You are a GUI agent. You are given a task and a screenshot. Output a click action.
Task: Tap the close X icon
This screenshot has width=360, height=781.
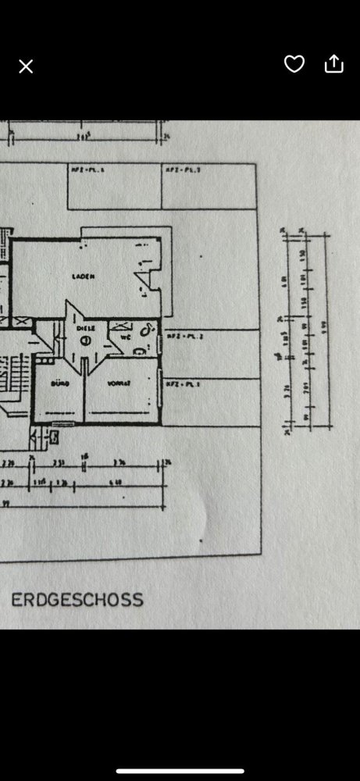tap(26, 66)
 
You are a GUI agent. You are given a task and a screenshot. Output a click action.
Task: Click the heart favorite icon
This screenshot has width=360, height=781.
tap(294, 64)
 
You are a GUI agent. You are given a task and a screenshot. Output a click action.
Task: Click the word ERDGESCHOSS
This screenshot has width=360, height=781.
tap(77, 600)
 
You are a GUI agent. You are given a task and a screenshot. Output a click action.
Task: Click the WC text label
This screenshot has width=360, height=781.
tap(126, 337)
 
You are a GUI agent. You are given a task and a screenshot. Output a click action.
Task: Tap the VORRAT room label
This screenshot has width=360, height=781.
tap(118, 383)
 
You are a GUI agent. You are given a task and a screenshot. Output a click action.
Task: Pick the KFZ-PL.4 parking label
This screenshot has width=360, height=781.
tap(84, 169)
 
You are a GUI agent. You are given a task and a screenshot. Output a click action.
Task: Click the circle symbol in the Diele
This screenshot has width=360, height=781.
tap(85, 341)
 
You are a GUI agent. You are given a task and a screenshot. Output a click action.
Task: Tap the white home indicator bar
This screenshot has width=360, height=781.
tap(180, 770)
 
